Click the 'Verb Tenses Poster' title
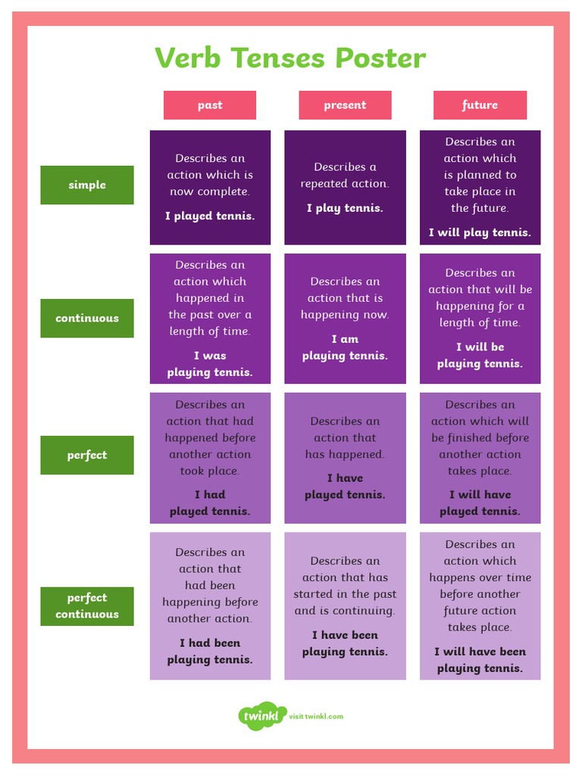(290, 58)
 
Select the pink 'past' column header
(210, 105)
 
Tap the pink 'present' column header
(345, 105)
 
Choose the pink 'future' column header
(480, 105)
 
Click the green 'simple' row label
(87, 185)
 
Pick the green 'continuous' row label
(87, 318)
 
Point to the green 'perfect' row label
(87, 455)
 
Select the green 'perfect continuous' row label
(87, 605)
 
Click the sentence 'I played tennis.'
(210, 216)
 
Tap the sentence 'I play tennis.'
(345, 208)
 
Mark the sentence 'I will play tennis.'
(480, 232)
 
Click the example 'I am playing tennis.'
(345, 347)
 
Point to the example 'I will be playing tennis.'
(480, 355)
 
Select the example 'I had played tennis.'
(210, 503)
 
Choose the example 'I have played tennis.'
(345, 486)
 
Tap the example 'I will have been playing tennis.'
(480, 660)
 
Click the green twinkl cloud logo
(261, 716)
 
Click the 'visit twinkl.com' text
(316, 716)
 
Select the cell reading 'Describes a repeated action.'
(345, 175)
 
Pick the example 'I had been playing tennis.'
(210, 651)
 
